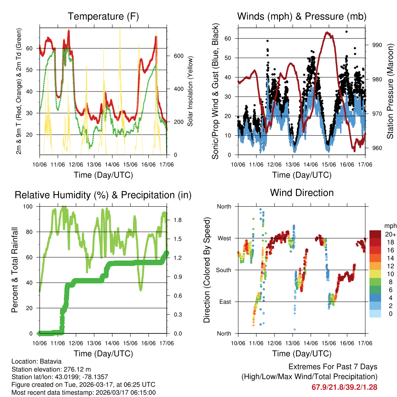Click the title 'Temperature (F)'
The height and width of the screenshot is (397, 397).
(x=103, y=17)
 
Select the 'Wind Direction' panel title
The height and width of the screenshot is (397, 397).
(x=302, y=193)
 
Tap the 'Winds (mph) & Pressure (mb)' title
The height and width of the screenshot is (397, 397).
(x=302, y=17)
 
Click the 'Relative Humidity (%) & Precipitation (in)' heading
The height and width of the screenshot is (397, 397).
(x=103, y=195)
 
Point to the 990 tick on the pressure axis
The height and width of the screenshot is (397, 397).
(x=377, y=45)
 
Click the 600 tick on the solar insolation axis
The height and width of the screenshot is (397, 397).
(x=178, y=56)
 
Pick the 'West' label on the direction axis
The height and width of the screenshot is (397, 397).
(x=224, y=238)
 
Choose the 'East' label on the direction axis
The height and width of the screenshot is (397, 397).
(x=224, y=302)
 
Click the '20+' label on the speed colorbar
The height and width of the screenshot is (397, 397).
(x=390, y=235)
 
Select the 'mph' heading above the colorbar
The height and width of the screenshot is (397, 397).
(x=390, y=226)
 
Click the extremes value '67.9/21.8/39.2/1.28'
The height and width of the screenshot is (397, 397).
(x=344, y=387)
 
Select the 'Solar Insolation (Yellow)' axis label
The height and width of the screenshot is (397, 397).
(x=190, y=91)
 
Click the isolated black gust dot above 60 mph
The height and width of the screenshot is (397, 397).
(x=347, y=32)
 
